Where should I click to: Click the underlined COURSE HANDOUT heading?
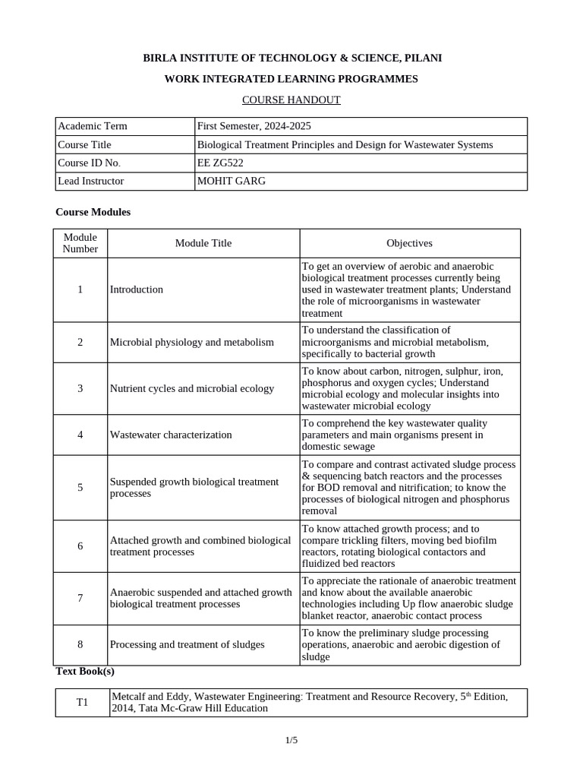click(291, 100)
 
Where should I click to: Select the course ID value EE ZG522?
click(222, 163)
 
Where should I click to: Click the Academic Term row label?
click(93, 126)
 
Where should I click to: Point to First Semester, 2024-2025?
click(254, 126)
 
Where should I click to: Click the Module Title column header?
click(203, 243)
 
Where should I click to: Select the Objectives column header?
click(409, 243)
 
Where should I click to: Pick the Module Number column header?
click(80, 243)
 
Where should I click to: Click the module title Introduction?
click(137, 289)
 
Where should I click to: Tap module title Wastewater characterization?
click(171, 435)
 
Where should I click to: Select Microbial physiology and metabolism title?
click(192, 342)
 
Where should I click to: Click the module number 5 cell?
click(80, 487)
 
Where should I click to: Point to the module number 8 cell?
click(80, 644)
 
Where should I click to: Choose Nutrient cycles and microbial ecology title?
click(192, 388)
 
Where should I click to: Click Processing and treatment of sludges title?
click(188, 644)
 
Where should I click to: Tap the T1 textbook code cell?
click(83, 702)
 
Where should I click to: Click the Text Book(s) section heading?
click(85, 672)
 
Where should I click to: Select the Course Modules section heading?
click(93, 212)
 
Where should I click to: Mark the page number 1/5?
click(291, 740)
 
